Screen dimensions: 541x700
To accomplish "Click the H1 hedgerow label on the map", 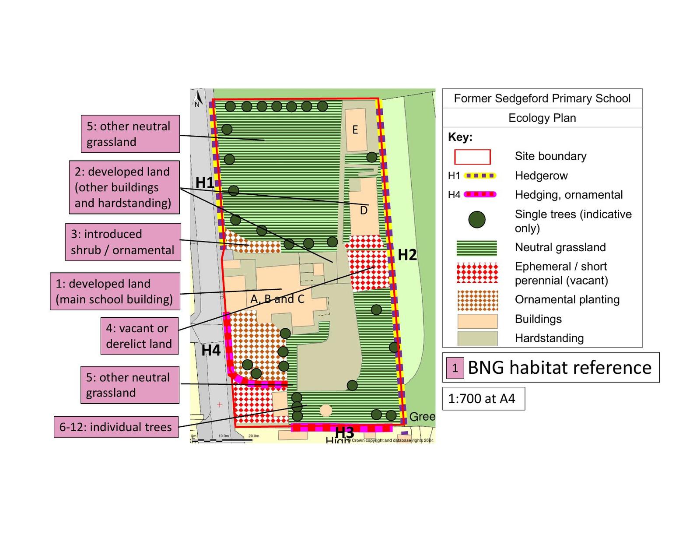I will [205, 182].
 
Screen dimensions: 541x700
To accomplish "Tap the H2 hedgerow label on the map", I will [407, 255].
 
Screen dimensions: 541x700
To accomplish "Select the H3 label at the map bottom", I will [344, 432].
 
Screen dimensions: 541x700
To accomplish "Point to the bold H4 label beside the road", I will [211, 350].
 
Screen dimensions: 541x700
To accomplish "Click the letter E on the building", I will [355, 130].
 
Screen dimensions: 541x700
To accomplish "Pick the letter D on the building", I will [364, 211].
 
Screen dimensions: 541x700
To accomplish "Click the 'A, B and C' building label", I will [277, 299].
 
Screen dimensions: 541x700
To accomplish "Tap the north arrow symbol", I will [198, 98].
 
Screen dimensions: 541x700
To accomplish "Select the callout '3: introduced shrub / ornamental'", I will [123, 242].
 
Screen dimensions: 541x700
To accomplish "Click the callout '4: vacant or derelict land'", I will [139, 336].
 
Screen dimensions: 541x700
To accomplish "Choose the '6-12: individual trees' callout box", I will [116, 427].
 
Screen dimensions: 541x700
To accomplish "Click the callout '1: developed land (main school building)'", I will [115, 292].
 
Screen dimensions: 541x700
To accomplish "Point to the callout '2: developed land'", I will [124, 187].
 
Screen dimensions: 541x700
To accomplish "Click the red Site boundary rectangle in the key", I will [472, 156].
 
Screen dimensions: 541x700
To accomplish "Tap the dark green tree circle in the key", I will [477, 220].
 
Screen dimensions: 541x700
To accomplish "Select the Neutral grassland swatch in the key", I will [476, 248].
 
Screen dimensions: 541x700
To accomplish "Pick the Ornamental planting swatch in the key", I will [477, 300].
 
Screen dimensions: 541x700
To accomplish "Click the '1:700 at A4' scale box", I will [483, 398].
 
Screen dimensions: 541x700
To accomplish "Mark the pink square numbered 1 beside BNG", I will [455, 368].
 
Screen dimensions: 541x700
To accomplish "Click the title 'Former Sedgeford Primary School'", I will [542, 98].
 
